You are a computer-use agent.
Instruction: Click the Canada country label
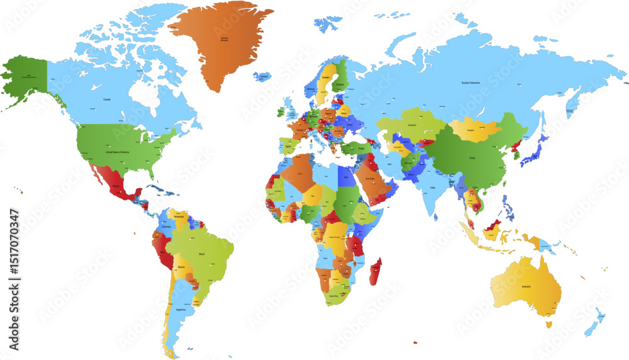107,99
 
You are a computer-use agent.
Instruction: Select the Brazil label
202,254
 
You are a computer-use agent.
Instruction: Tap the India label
433,188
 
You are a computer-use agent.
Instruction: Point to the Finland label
340,82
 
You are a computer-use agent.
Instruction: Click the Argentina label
181,310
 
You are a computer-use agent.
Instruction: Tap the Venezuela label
179,215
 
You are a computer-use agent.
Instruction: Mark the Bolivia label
182,267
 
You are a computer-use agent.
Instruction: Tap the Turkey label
360,149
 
